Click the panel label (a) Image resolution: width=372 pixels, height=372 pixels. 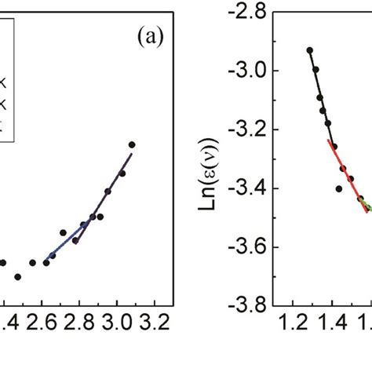tap(145, 37)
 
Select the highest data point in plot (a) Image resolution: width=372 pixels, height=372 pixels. tap(132, 144)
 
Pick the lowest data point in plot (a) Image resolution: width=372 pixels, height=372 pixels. tap(17, 276)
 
